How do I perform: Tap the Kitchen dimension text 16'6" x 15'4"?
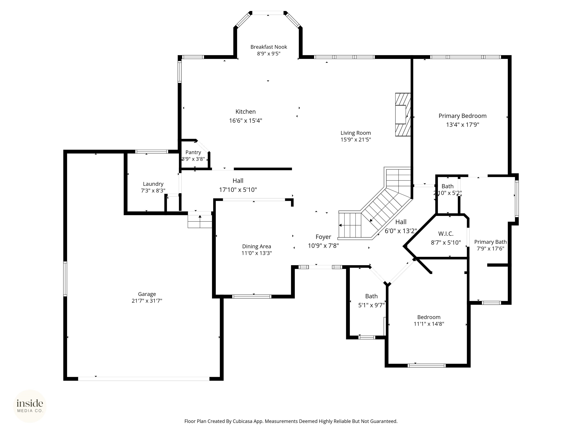coord(246,121)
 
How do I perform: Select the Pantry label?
coord(193,152)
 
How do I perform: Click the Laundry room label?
coord(153,184)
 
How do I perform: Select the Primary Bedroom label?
coord(462,116)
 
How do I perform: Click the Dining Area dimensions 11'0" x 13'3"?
coord(257,253)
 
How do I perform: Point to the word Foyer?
coord(323,237)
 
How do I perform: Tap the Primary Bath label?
coord(490,242)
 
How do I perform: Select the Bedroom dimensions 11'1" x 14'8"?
coord(429,324)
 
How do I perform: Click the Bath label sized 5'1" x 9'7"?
coord(371,296)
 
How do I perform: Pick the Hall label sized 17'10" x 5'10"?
coord(238,181)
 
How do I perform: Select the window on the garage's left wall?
coord(65,279)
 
